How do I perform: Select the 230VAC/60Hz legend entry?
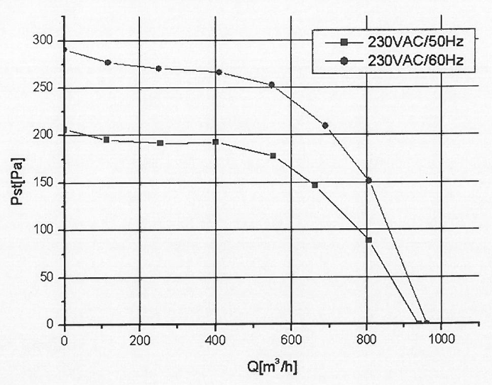(x=415, y=60)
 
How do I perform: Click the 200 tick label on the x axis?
(x=140, y=338)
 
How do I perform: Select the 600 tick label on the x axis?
(x=291, y=338)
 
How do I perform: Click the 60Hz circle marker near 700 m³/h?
(x=325, y=125)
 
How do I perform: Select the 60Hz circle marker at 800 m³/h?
(x=368, y=180)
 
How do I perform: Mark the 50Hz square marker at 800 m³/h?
(x=368, y=240)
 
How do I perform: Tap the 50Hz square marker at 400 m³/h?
(x=216, y=142)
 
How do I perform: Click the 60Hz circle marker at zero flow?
(x=65, y=50)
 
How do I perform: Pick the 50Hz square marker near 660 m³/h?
(x=315, y=185)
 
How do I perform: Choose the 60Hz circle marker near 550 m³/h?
(x=271, y=85)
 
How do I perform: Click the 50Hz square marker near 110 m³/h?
(x=106, y=140)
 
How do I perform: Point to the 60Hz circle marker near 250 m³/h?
(x=159, y=69)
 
